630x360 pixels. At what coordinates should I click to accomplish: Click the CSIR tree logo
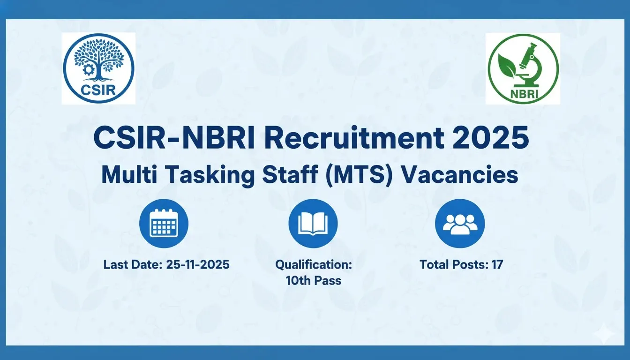coord(98,68)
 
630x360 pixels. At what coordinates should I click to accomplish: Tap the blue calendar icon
coord(164,224)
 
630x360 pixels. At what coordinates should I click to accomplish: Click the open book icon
coord(313,224)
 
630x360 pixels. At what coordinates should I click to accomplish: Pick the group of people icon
coord(460,224)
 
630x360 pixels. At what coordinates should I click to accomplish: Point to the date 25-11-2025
coord(198,264)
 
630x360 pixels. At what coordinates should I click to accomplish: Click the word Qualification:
coord(314,265)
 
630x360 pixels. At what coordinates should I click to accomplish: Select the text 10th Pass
coord(314,281)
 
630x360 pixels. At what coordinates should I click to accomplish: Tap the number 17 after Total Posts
coord(497,264)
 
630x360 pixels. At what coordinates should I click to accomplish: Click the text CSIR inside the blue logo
coord(98,89)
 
